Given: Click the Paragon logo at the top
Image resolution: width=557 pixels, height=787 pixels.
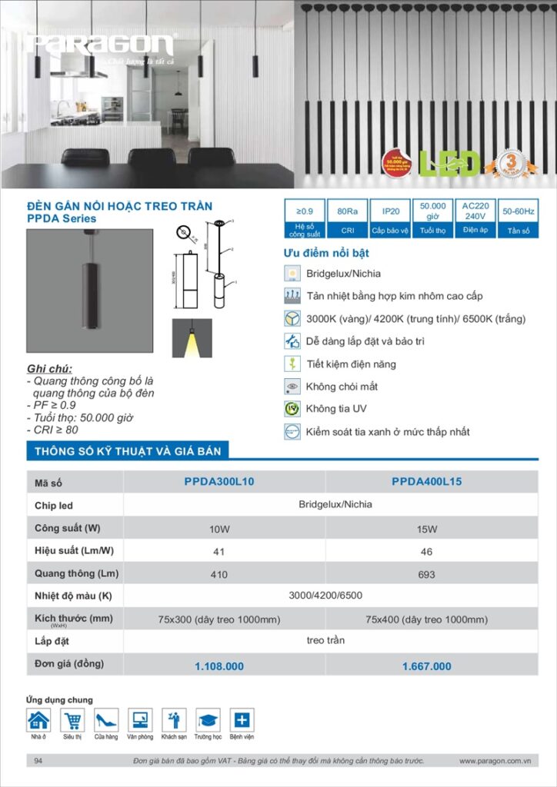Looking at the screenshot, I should (101, 45).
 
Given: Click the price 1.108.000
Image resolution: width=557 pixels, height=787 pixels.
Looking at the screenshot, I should (219, 666).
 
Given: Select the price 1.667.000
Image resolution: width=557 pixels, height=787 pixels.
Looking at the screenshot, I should (427, 666).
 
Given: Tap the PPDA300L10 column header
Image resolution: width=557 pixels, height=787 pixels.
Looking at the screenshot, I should (219, 482).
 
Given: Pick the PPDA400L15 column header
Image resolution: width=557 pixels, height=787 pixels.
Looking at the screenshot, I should (427, 482).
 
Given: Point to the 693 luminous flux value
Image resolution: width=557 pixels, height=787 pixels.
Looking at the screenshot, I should (427, 574).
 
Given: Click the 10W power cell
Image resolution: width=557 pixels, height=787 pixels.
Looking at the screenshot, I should (219, 529).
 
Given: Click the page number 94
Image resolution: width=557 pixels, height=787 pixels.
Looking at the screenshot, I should (38, 761).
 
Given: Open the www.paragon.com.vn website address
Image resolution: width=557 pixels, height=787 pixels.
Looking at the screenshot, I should (496, 761).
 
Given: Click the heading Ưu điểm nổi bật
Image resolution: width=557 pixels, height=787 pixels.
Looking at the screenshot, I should (327, 254).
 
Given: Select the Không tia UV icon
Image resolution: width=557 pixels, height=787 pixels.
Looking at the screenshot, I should (292, 409).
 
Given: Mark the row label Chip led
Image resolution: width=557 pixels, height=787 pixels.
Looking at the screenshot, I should (54, 506).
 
